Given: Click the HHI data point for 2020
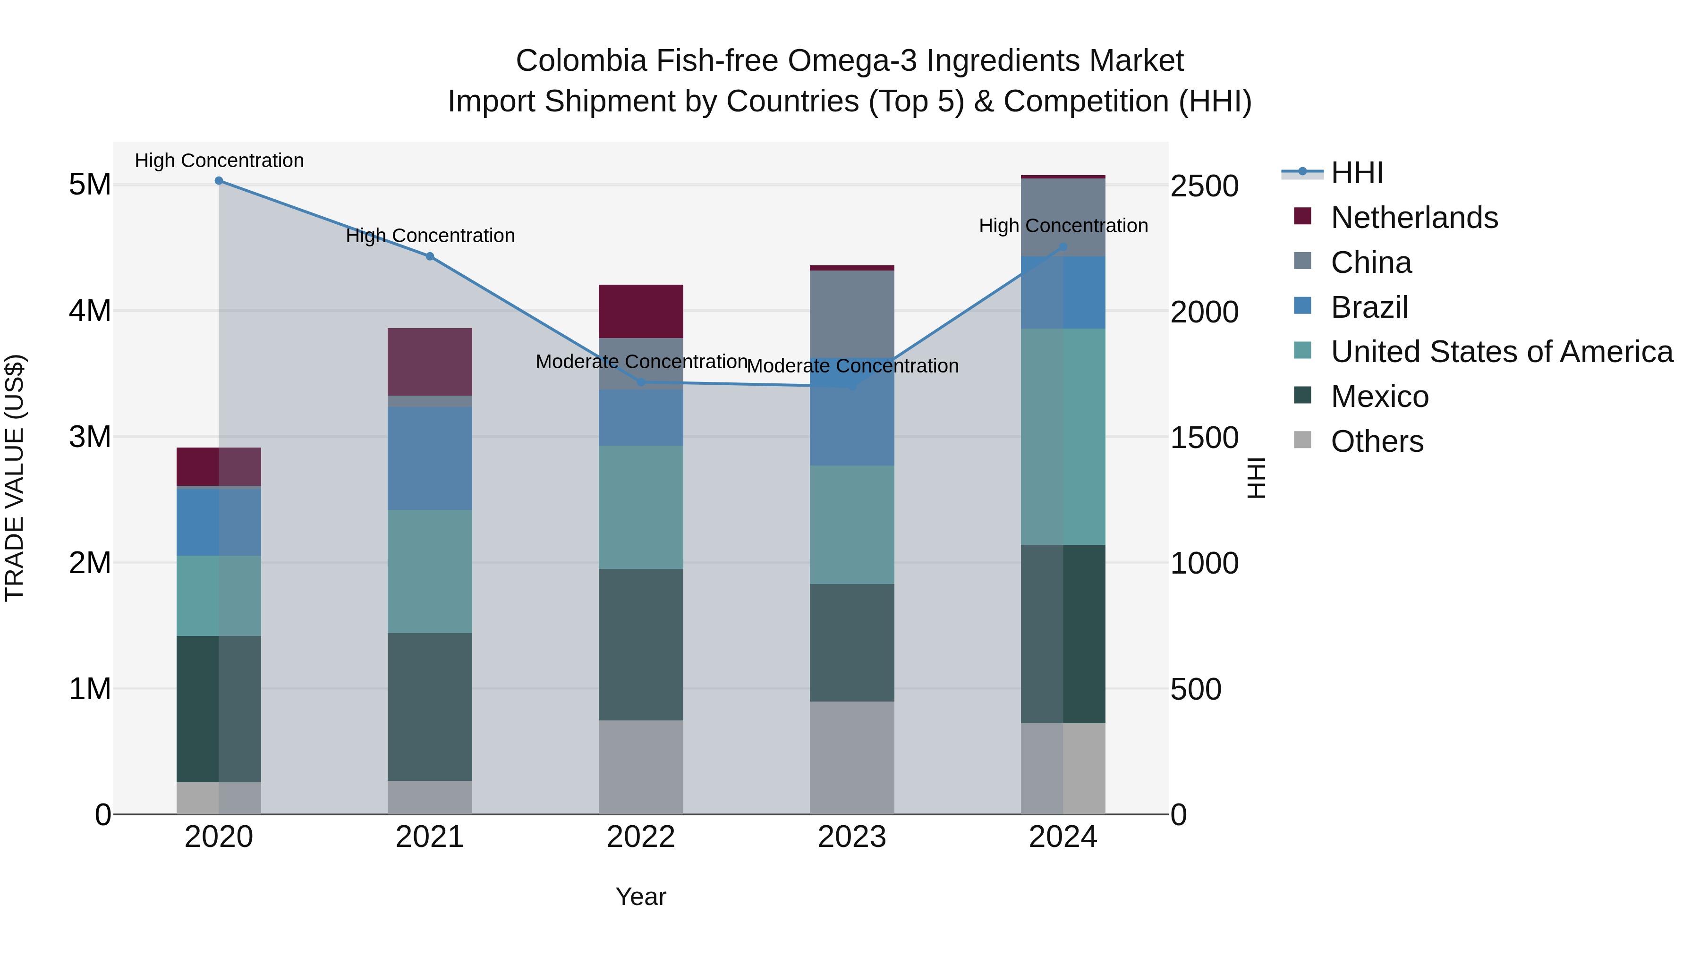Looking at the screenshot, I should [219, 181].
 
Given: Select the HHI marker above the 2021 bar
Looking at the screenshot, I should [430, 256].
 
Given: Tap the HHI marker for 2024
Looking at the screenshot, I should [1062, 247].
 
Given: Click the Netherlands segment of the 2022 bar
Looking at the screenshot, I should [640, 312].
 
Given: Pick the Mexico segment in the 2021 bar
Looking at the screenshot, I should [430, 707].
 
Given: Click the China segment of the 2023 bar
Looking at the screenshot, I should [851, 313].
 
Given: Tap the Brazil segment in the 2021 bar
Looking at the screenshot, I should [430, 458].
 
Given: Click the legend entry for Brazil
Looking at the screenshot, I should [1369, 307].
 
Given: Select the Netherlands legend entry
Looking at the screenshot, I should [1414, 218].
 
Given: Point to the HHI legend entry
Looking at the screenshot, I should [1357, 173].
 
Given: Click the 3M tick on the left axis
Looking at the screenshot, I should [90, 437].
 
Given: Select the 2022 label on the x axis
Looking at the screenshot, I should [640, 837].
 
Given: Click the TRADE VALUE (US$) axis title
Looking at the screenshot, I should [15, 478].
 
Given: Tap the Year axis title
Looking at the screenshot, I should [640, 897].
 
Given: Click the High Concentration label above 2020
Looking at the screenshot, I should [219, 161].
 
